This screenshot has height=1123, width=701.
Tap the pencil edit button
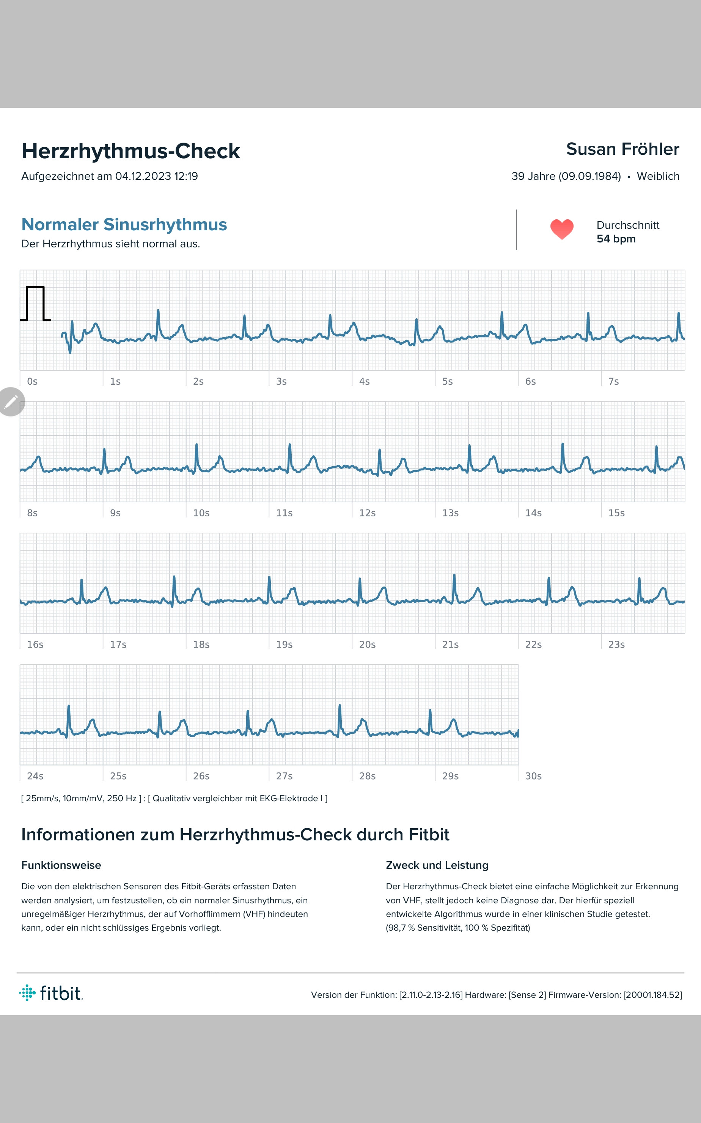tap(11, 401)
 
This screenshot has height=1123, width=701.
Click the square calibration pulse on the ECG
tap(35, 304)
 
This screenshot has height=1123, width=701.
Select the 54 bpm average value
tap(616, 239)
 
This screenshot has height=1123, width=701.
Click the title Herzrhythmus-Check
tap(131, 151)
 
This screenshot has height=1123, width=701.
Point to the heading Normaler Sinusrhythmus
tap(124, 225)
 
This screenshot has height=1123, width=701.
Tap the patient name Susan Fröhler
tap(622, 149)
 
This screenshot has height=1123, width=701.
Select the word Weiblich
tap(658, 176)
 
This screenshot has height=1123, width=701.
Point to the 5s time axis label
tap(447, 381)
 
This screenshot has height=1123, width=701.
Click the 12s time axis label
tap(367, 513)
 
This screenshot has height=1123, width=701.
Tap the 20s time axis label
tap(367, 645)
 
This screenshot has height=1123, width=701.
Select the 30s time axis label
tap(533, 776)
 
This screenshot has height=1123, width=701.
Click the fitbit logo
tap(51, 993)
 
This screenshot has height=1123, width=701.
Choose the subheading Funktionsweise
tap(61, 865)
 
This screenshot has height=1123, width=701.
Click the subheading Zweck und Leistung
tap(437, 865)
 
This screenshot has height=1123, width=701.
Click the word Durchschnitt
tap(628, 225)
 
